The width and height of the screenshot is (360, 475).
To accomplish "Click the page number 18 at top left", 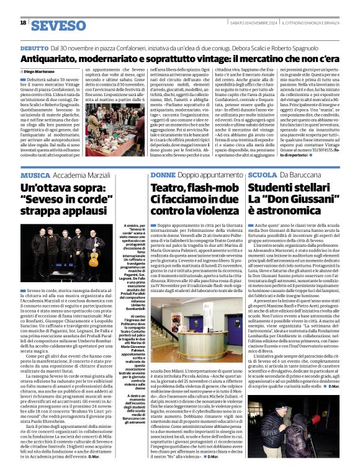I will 23,23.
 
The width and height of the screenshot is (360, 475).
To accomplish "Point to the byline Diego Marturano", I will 38,72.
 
